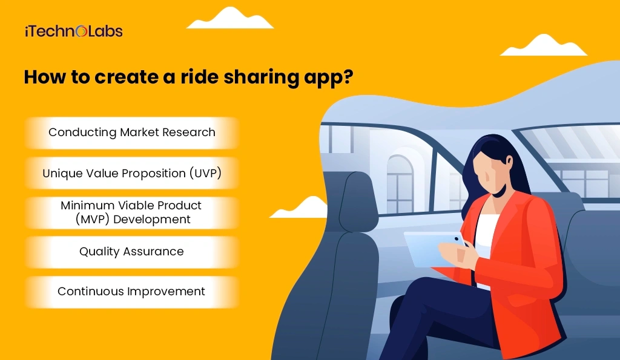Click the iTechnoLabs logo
[73, 31]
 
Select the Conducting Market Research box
[132, 133]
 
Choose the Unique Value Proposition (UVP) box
[132, 173]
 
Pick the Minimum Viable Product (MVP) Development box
[132, 212]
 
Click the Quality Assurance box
[132, 251]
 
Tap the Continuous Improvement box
[132, 292]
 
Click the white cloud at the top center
[230, 19]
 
